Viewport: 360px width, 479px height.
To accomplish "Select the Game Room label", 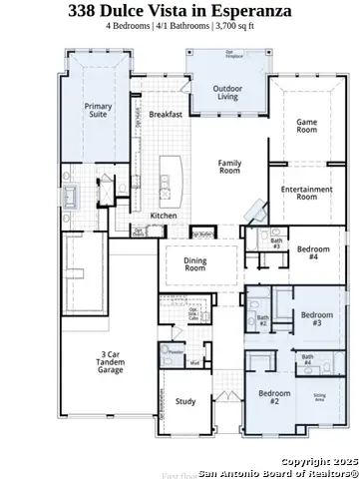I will click(x=306, y=127).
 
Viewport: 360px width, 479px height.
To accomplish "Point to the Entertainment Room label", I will click(x=307, y=193).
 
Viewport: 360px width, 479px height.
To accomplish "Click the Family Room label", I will click(x=230, y=167).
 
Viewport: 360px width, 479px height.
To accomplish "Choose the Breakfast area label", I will click(x=166, y=115).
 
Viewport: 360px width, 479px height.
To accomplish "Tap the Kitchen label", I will click(x=164, y=216).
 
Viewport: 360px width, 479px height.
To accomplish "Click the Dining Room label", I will click(x=195, y=264).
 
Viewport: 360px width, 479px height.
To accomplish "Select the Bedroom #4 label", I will click(x=313, y=252).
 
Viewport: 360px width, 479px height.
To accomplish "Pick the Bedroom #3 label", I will click(x=317, y=319).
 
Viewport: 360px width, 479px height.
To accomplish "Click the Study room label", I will click(x=184, y=402).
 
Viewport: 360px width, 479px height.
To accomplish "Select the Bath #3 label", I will click(x=274, y=241).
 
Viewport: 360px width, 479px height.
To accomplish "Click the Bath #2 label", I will click(x=263, y=322).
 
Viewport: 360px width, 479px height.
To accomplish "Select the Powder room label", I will click(x=176, y=352).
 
